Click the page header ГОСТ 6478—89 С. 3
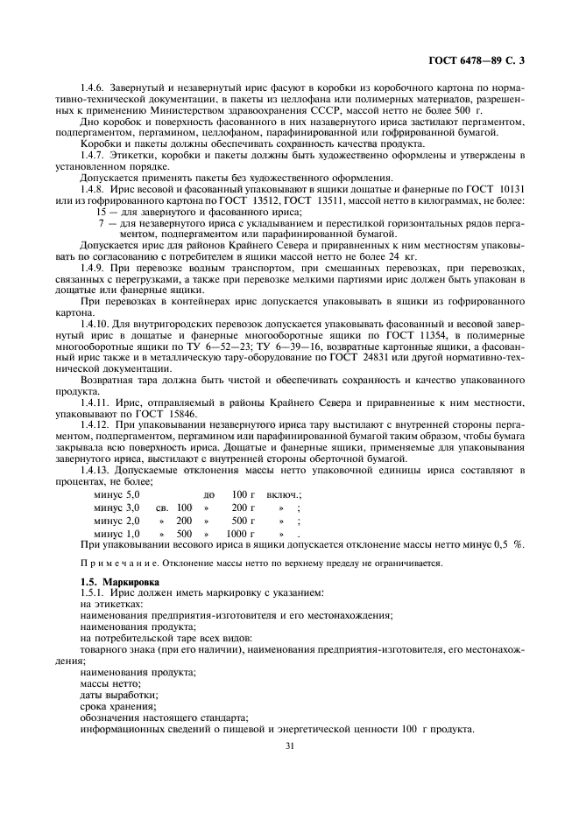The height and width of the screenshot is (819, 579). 482,60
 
